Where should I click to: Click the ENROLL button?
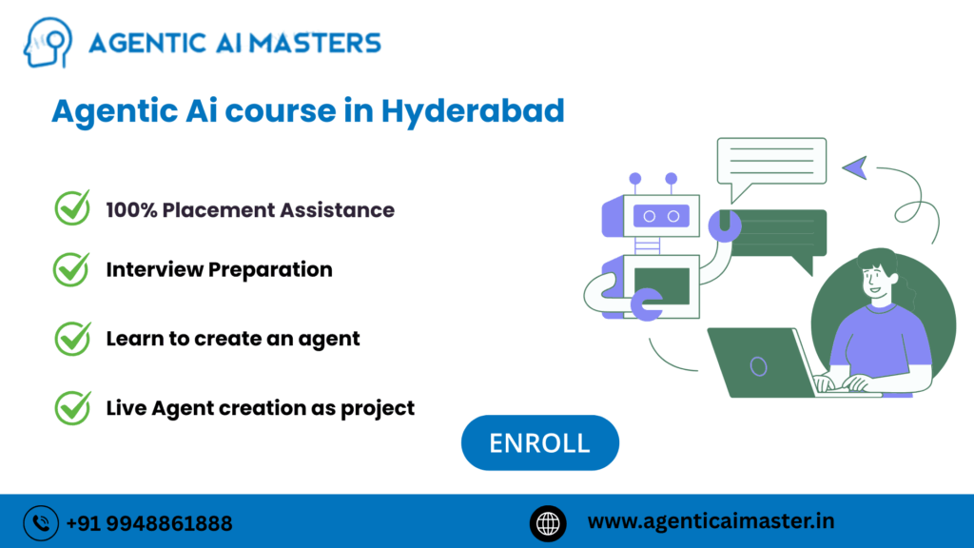click(539, 442)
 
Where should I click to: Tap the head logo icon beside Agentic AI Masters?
click(48, 44)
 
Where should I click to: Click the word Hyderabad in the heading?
click(473, 111)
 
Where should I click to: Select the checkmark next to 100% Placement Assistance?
click(71, 208)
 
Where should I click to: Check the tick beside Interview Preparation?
click(71, 269)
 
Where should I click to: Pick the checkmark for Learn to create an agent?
click(71, 338)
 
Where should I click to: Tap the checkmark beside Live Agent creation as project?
click(71, 407)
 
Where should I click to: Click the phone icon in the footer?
click(41, 522)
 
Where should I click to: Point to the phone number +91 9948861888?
click(148, 523)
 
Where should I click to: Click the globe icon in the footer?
click(547, 522)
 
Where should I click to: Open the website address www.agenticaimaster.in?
click(711, 521)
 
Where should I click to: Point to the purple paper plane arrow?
click(854, 166)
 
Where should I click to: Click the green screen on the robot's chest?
click(662, 284)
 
